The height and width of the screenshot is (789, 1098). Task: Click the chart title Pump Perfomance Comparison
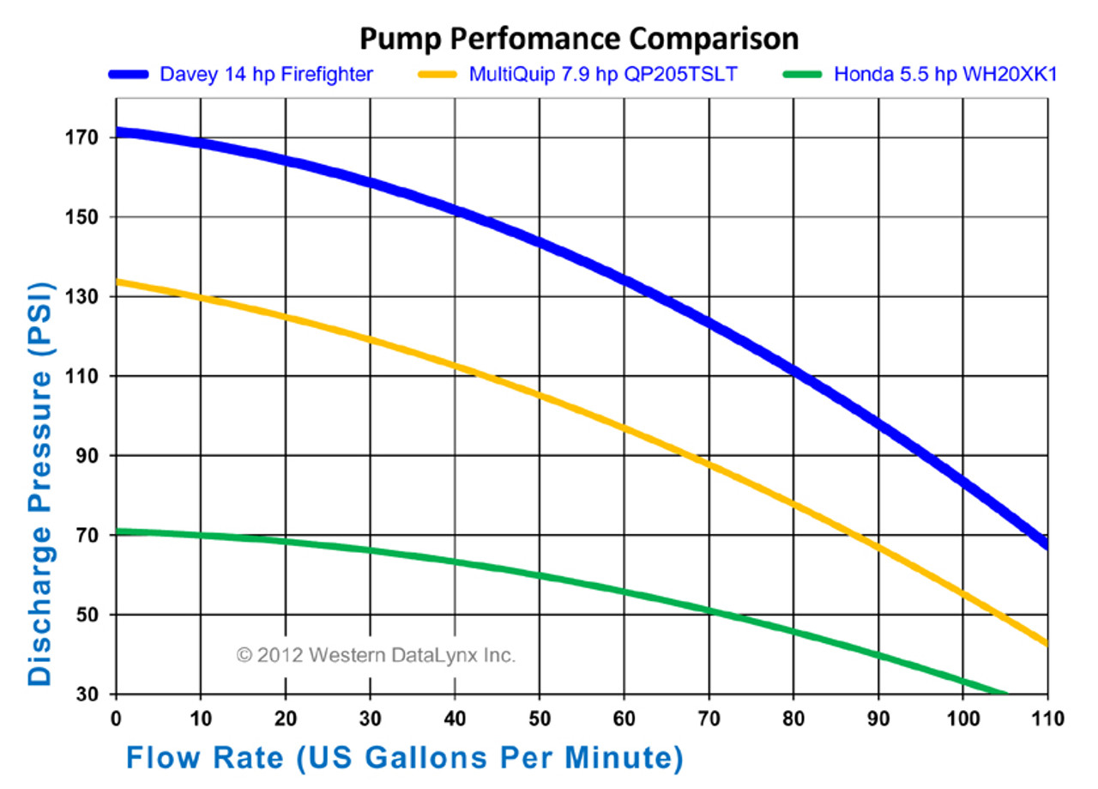[x=578, y=39]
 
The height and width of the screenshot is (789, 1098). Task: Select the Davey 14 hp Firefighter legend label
[x=266, y=75]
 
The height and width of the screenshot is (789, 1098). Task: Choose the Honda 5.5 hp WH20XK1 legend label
[x=945, y=75]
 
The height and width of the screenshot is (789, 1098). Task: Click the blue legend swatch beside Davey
[x=130, y=75]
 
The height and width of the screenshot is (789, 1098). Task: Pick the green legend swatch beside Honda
[x=803, y=75]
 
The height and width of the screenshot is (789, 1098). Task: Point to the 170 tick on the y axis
[x=86, y=137]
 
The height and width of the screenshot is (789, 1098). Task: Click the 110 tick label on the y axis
[x=86, y=376]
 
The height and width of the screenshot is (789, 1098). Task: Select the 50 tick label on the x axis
[x=539, y=718]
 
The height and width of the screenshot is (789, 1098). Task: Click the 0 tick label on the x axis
[x=116, y=718]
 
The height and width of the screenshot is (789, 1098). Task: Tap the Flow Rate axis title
[x=405, y=757]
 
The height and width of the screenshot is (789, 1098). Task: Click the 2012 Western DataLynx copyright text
[x=376, y=656]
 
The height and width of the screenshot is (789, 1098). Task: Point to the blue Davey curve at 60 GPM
[x=624, y=278]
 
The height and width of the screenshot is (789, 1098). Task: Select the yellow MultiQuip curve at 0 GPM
[x=118, y=282]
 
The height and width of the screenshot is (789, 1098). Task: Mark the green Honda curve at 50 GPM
[x=539, y=575]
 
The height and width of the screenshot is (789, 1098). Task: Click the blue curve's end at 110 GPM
[x=1046, y=543]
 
